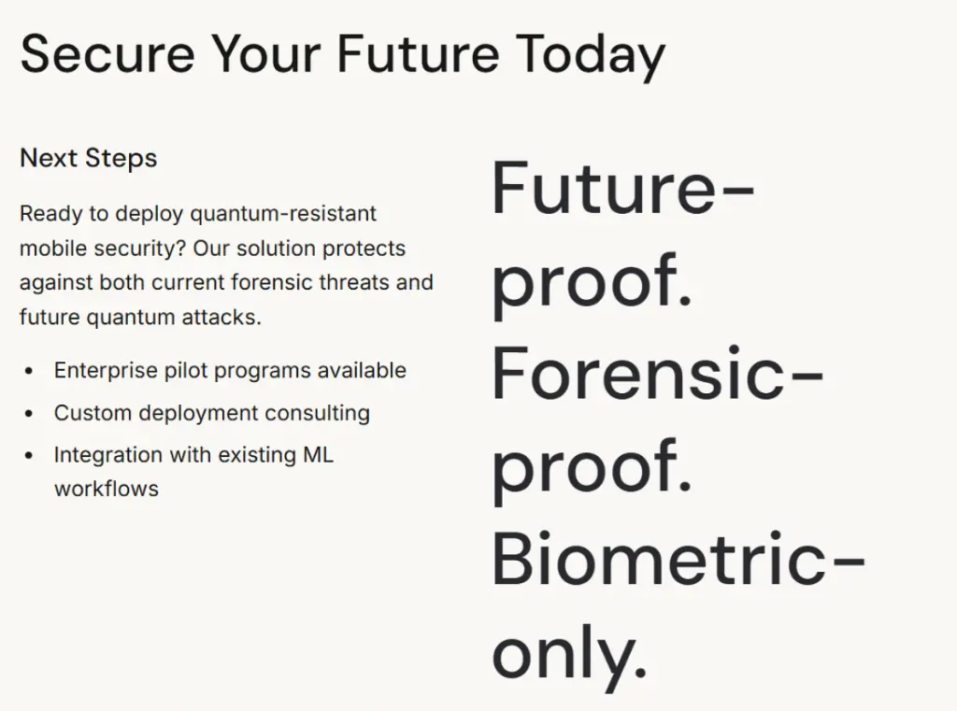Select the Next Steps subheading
[88, 158]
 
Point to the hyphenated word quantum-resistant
[283, 214]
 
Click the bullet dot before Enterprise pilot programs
[29, 372]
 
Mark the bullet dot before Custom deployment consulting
[29, 414]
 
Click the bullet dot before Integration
[29, 456]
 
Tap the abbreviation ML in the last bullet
[318, 455]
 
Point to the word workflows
[107, 489]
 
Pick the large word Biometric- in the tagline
[678, 560]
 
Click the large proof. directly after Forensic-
[592, 467]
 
